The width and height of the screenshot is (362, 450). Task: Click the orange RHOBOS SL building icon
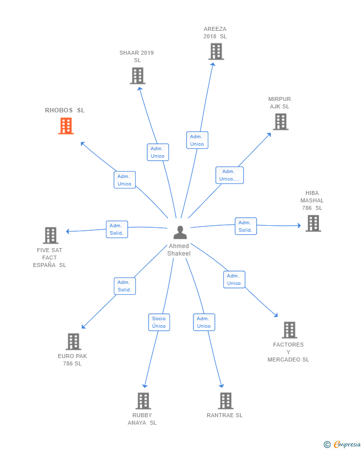click(66, 126)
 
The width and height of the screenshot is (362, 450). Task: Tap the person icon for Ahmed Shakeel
click(180, 232)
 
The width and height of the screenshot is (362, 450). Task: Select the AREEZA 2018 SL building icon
click(216, 51)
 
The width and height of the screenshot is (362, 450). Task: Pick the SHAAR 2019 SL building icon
click(137, 76)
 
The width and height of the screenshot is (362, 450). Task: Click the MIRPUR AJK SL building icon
click(280, 122)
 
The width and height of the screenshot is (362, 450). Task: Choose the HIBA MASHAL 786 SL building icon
click(313, 223)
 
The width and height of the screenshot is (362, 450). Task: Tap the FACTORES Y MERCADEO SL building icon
click(289, 330)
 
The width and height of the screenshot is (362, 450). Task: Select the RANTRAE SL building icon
click(226, 401)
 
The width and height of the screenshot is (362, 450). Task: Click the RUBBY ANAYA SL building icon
click(143, 401)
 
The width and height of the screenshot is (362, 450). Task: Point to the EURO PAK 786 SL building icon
click(73, 342)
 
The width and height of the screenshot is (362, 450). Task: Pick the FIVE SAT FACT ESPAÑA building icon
click(50, 235)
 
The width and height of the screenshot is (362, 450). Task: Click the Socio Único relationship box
click(159, 322)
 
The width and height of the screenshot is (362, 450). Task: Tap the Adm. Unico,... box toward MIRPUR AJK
click(229, 175)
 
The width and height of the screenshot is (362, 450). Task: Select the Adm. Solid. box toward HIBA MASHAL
click(246, 226)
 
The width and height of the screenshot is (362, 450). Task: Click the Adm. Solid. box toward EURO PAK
click(124, 286)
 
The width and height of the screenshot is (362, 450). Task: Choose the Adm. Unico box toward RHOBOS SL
click(124, 180)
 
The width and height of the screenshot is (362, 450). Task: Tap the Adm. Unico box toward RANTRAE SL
click(204, 322)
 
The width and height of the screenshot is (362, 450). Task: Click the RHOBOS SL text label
click(65, 110)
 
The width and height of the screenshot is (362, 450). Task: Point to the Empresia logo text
click(347, 444)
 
